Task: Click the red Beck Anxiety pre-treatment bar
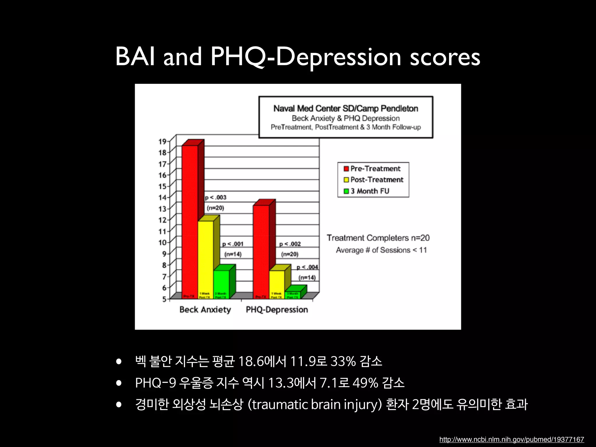click(190, 221)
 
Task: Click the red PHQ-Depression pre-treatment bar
click(261, 250)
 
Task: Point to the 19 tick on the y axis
click(162, 142)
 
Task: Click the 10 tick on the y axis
click(162, 242)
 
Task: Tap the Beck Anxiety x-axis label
click(205, 310)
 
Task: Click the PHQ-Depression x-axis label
click(277, 310)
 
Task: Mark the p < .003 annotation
click(216, 198)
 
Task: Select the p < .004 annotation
click(307, 267)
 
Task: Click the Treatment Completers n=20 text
click(378, 238)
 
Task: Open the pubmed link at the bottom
click(511, 439)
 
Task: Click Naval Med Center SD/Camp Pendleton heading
click(346, 109)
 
